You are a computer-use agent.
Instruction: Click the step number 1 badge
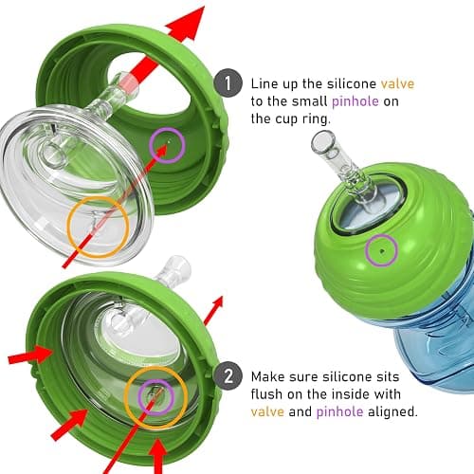(x=228, y=83)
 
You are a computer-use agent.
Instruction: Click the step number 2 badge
(x=228, y=376)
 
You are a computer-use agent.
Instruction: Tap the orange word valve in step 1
(x=397, y=83)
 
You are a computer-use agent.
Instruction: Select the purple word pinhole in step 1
(x=355, y=101)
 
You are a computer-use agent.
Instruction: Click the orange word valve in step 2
(x=267, y=411)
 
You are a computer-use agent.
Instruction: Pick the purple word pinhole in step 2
(x=339, y=411)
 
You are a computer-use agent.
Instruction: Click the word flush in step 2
(x=267, y=394)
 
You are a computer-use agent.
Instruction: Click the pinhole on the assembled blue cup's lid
(x=382, y=251)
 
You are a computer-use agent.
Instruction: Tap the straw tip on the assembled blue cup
(x=322, y=140)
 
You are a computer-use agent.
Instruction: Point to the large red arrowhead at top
(x=186, y=24)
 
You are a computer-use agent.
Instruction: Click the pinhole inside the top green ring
(x=169, y=142)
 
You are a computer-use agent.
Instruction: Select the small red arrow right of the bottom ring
(x=213, y=311)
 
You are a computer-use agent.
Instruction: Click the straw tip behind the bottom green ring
(x=177, y=266)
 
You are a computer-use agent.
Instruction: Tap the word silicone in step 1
(x=352, y=83)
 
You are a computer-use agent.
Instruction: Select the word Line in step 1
(x=264, y=83)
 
